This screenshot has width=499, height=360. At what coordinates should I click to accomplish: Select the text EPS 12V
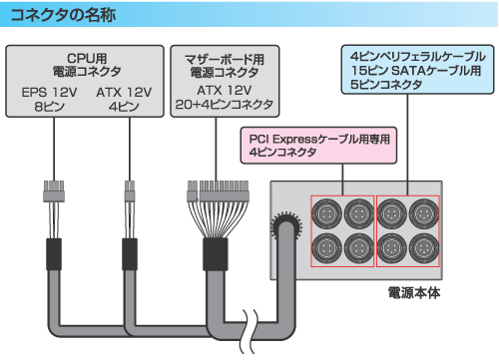click(46, 93)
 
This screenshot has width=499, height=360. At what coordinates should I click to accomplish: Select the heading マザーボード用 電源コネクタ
click(218, 64)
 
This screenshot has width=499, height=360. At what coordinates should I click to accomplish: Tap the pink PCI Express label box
click(316, 145)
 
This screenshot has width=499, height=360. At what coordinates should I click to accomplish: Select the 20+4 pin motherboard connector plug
click(216, 187)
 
